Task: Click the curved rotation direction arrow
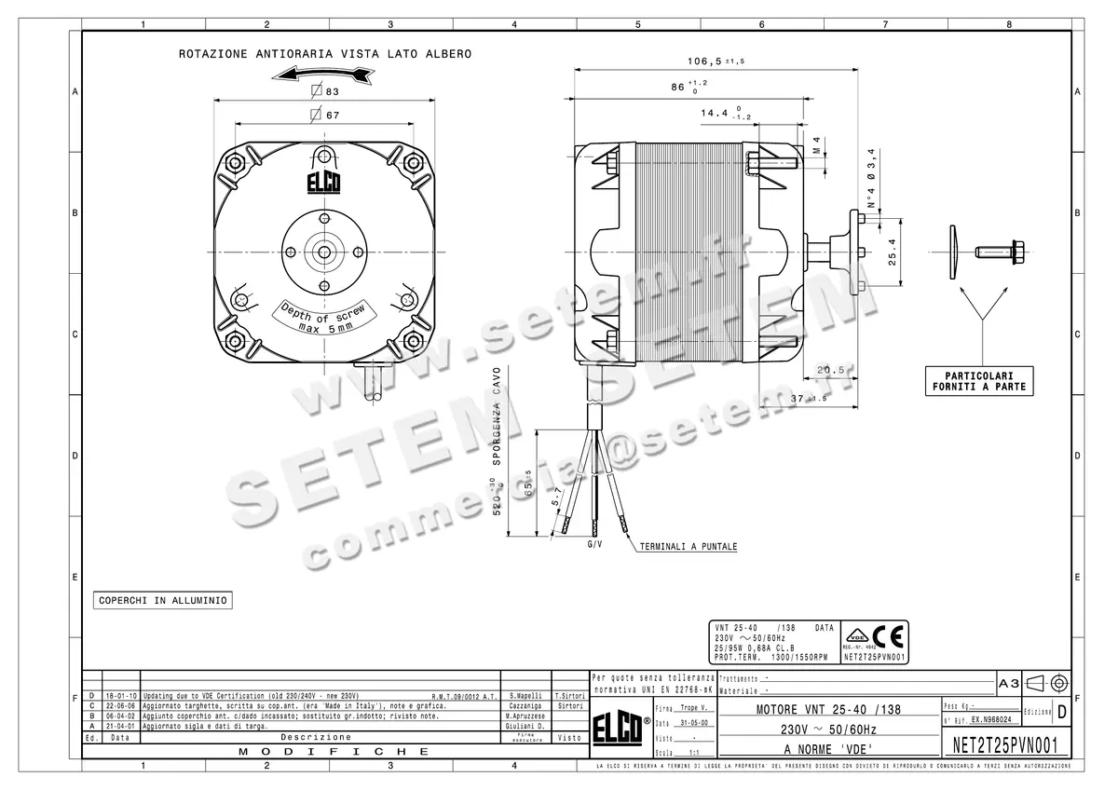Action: [325, 74]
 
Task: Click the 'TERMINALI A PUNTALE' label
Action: [688, 547]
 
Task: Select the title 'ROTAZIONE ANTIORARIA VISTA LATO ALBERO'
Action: [325, 54]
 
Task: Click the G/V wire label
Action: [594, 543]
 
